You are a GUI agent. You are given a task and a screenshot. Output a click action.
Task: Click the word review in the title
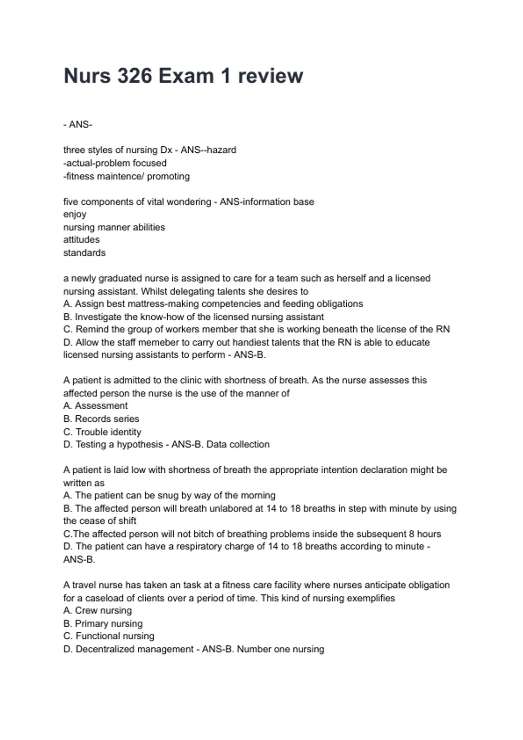(270, 76)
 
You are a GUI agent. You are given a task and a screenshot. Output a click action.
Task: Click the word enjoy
(75, 214)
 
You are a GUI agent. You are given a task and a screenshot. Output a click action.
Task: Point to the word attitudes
(82, 239)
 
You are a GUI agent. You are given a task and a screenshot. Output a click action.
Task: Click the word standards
(85, 252)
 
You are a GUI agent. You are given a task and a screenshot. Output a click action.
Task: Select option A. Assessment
(96, 406)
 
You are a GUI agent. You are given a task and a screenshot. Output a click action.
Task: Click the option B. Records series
(102, 419)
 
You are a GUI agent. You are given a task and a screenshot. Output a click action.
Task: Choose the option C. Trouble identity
(102, 432)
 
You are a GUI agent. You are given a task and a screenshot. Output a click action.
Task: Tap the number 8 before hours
(411, 534)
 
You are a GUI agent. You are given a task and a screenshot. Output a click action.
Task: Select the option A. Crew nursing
(98, 610)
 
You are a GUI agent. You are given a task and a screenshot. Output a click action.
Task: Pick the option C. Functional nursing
(109, 636)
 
